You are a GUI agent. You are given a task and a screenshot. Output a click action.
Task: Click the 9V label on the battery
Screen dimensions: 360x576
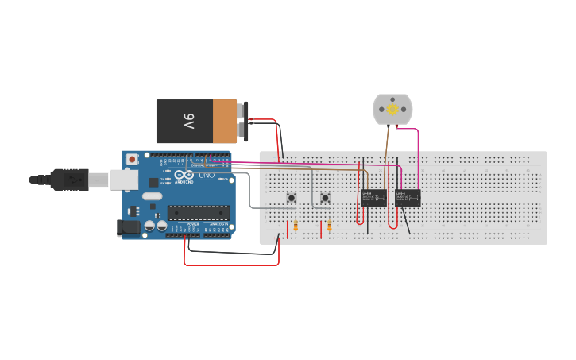coord(188,121)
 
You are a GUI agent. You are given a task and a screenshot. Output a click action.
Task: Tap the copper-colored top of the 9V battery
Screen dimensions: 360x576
coord(226,121)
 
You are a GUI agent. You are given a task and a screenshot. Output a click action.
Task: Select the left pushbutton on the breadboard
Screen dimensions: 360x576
coord(292,197)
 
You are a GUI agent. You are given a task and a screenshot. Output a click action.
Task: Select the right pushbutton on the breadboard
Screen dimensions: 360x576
coord(325,197)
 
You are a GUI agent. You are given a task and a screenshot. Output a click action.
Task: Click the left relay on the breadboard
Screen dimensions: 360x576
coord(373,198)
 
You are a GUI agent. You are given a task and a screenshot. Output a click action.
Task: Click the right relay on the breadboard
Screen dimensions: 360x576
coord(408,198)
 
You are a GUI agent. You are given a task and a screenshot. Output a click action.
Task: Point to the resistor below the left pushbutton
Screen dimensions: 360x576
coord(296,226)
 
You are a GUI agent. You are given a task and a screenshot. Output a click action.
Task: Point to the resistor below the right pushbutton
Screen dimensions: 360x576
coord(330,227)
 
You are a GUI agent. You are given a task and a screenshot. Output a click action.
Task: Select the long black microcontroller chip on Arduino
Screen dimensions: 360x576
coord(198,212)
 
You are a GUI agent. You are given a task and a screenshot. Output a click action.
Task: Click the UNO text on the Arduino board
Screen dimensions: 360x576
coord(206,175)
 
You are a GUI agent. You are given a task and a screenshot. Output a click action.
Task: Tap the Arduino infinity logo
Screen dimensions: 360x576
coord(184,176)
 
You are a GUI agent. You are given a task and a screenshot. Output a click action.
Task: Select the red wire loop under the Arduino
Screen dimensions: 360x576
coord(230,264)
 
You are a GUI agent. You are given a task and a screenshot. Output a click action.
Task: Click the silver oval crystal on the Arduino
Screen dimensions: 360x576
coord(152,196)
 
